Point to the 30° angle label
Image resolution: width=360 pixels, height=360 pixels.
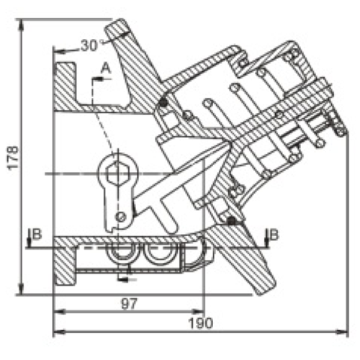pyautogui.click(x=91, y=45)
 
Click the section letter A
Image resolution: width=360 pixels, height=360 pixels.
pyautogui.click(x=104, y=67)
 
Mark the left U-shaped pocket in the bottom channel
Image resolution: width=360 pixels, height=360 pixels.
pyautogui.click(x=121, y=256)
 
